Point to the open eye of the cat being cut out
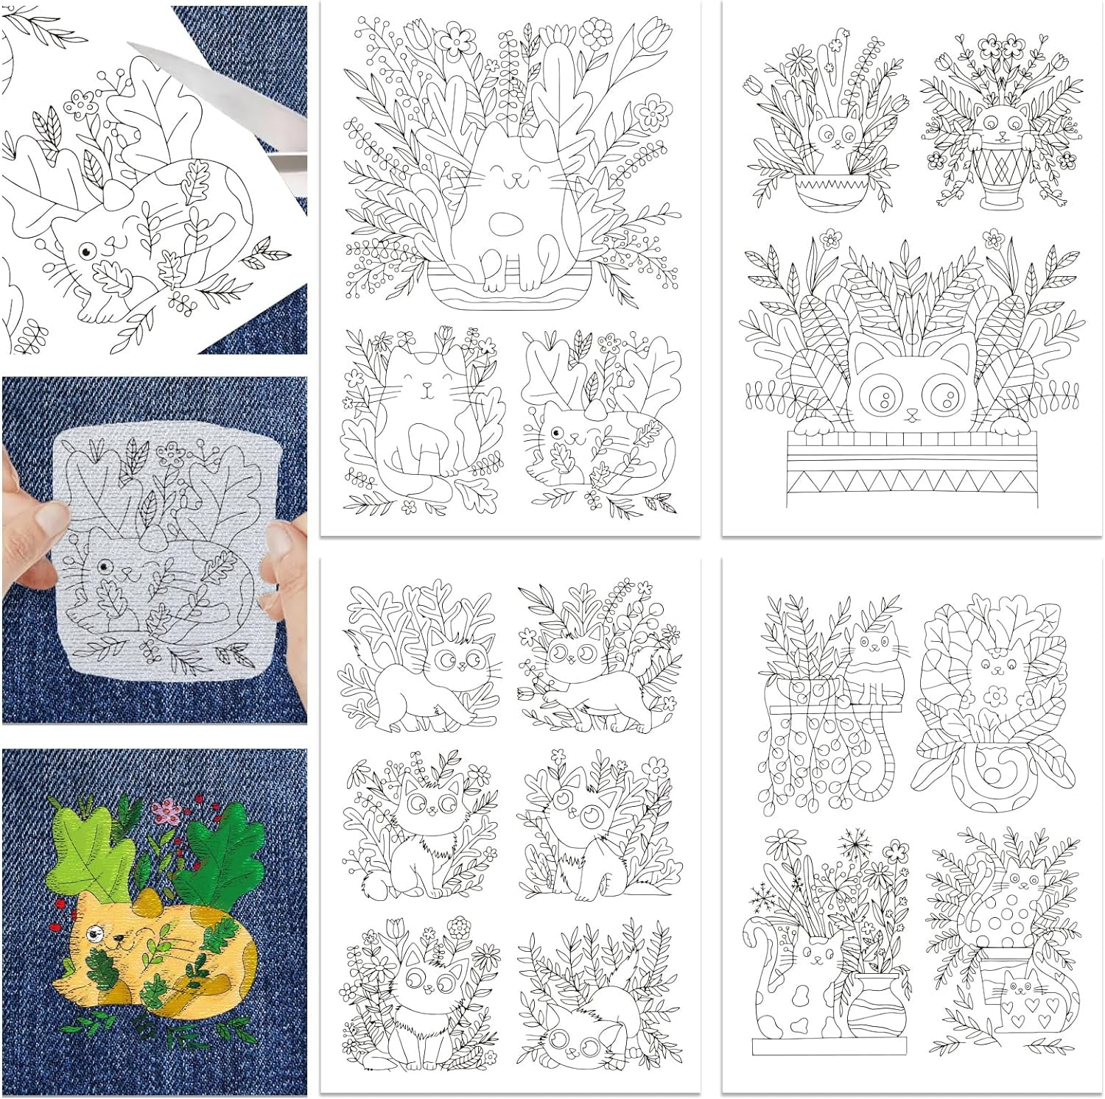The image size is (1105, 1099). point(85,251)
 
